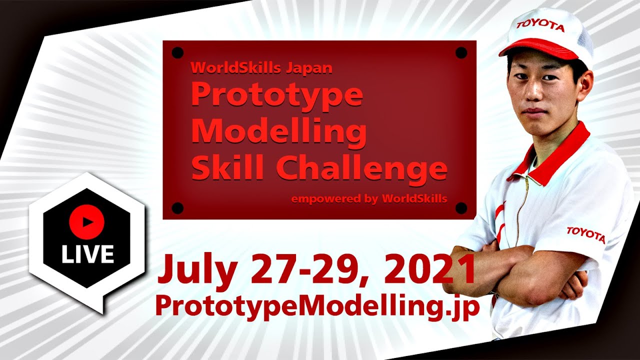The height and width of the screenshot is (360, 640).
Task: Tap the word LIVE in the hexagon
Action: click(x=87, y=254)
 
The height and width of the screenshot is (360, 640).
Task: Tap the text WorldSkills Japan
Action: click(x=261, y=67)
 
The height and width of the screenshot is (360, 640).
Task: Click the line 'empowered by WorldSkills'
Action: click(x=369, y=198)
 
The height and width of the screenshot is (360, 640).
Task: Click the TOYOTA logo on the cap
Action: click(x=540, y=25)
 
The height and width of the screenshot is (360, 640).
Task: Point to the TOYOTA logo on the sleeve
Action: click(x=585, y=234)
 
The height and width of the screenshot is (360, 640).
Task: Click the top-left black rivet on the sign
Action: click(x=177, y=52)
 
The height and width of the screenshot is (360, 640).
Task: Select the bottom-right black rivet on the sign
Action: click(x=461, y=207)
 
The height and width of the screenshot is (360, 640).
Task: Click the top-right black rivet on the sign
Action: click(x=461, y=52)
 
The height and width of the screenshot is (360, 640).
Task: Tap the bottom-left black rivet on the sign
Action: click(x=177, y=207)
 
